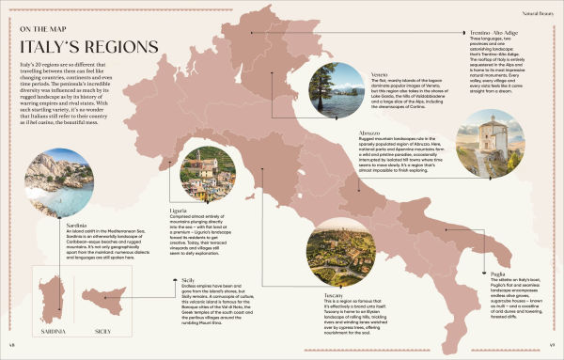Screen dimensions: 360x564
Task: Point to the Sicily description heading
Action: point(188,281)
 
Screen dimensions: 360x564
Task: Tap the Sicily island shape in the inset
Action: point(102,299)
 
